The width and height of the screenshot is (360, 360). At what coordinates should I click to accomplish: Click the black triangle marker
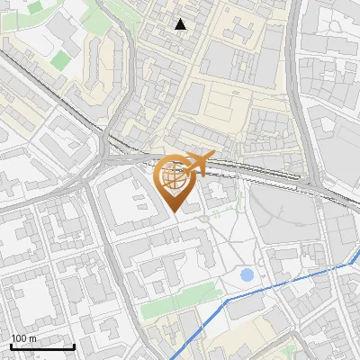(181, 24)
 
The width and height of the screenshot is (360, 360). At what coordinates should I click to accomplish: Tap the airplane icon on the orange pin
(200, 163)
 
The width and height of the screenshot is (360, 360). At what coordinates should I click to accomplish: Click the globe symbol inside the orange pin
(176, 176)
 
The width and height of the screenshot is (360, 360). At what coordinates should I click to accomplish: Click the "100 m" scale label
(24, 338)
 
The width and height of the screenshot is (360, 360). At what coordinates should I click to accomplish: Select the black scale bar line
(42, 346)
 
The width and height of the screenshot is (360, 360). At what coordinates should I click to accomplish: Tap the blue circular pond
(247, 274)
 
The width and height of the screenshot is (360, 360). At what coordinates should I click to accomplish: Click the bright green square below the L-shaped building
(60, 60)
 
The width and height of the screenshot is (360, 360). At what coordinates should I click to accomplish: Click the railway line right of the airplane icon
(261, 170)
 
